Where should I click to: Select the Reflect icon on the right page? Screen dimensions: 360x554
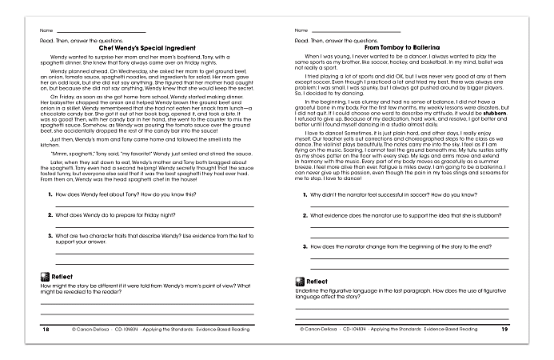tap(299, 281)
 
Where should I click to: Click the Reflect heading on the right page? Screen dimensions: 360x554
tap(317, 281)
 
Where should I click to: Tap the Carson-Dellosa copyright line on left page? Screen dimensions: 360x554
tap(148, 329)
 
